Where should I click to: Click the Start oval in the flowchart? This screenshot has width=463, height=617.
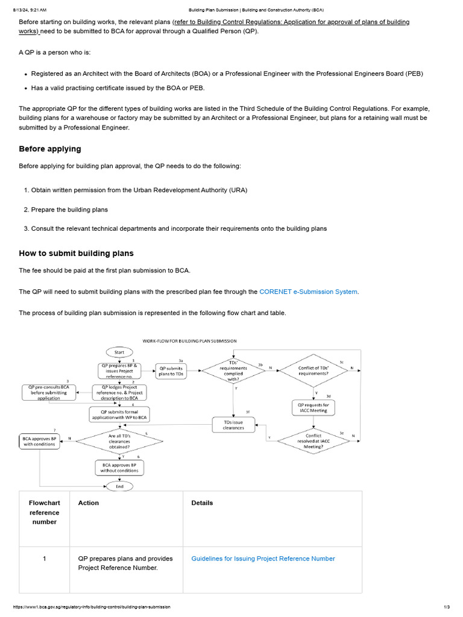(x=119, y=352)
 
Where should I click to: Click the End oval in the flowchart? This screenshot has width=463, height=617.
(x=119, y=486)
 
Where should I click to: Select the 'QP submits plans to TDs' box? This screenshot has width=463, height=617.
(x=171, y=371)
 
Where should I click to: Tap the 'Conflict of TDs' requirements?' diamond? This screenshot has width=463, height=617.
(x=313, y=371)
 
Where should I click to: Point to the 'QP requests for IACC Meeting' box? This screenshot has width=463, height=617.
(x=313, y=408)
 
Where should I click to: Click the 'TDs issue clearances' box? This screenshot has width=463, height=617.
(x=233, y=425)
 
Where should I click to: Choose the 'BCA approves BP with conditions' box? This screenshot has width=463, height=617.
(x=40, y=441)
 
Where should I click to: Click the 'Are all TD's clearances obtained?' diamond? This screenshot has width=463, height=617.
(x=119, y=441)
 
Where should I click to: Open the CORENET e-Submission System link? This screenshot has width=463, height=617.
(x=308, y=292)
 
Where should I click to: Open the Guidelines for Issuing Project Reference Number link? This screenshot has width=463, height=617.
(x=263, y=559)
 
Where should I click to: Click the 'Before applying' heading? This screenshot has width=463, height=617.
(x=49, y=149)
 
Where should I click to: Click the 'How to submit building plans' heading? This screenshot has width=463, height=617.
(x=76, y=254)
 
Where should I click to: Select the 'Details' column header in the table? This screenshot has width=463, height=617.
(x=202, y=503)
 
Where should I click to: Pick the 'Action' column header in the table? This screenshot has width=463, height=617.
(x=89, y=503)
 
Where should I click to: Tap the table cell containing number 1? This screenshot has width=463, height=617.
(x=44, y=559)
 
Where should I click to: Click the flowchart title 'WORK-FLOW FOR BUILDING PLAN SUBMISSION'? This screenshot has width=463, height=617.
(x=189, y=340)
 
